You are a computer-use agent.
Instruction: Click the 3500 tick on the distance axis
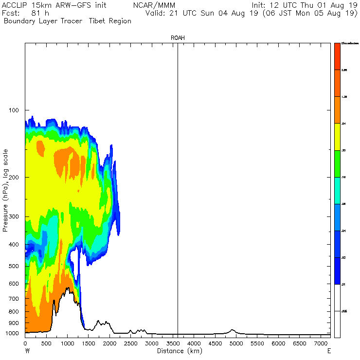173,343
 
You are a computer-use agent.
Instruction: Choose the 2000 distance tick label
109,343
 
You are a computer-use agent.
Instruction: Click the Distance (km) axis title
179,351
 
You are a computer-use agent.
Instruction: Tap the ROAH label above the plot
178,37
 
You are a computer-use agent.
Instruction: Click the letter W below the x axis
27,351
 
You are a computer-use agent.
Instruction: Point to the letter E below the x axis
329,351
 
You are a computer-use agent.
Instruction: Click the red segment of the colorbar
337,56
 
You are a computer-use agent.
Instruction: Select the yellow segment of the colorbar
337,137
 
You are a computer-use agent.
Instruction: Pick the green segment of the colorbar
337,164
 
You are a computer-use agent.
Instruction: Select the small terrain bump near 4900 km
233,331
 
